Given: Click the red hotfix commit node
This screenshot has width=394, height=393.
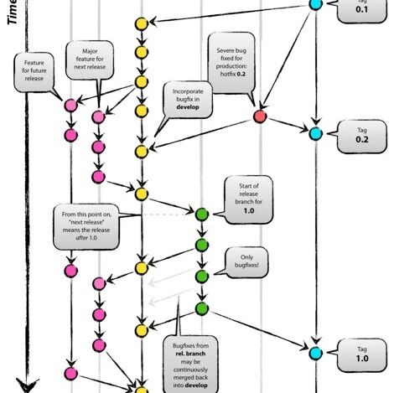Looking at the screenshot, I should coord(259,116).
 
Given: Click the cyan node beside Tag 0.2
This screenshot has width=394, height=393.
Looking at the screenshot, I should coord(315,133).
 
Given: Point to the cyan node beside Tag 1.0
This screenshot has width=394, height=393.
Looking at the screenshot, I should coord(315,353).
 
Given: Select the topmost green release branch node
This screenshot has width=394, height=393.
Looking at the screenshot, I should coord(201,215).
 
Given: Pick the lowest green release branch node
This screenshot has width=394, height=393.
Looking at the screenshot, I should coord(201,309).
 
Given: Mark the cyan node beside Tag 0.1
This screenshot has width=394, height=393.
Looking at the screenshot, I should coord(315,4).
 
